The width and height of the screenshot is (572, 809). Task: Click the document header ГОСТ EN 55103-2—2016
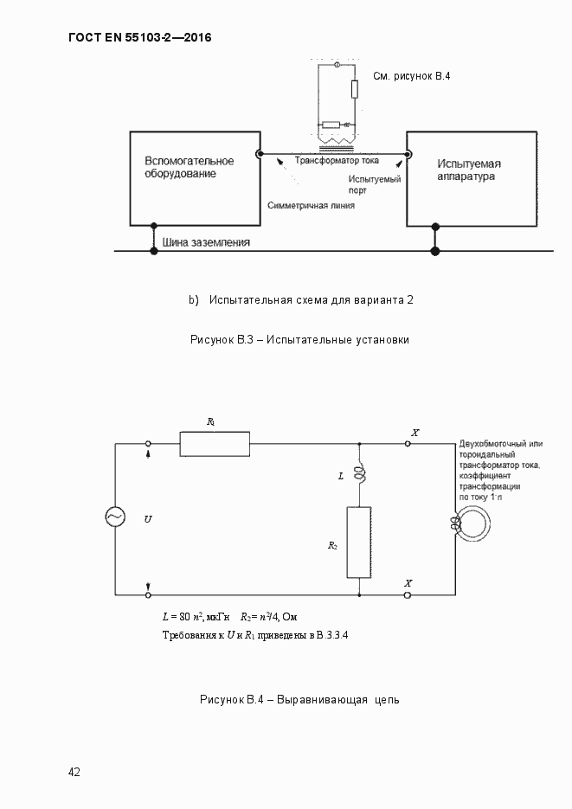pyautogui.click(x=139, y=38)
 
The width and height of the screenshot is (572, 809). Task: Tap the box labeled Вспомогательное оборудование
pyautogui.click(x=195, y=178)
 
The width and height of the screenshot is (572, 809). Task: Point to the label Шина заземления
pyautogui.click(x=201, y=243)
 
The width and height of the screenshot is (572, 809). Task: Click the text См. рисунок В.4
pyautogui.click(x=412, y=76)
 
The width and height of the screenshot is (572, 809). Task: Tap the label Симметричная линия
pyautogui.click(x=312, y=206)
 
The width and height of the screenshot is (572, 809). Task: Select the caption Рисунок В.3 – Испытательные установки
pyautogui.click(x=299, y=339)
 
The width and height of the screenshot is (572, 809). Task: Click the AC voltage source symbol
pyautogui.click(x=115, y=517)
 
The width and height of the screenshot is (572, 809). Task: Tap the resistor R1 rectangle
pyautogui.click(x=215, y=444)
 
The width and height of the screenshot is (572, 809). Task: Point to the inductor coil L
pyautogui.click(x=360, y=477)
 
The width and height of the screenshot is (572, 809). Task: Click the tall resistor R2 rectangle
pyautogui.click(x=359, y=543)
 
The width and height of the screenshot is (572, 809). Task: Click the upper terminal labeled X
pyautogui.click(x=408, y=443)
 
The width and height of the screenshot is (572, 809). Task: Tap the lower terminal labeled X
pyautogui.click(x=408, y=595)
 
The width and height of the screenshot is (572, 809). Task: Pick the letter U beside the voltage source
pyautogui.click(x=148, y=518)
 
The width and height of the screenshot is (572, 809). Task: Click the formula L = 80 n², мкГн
pyautogui.click(x=196, y=617)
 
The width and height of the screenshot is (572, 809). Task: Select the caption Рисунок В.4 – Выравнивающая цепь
pyautogui.click(x=299, y=699)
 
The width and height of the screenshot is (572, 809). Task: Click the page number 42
pyautogui.click(x=74, y=772)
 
